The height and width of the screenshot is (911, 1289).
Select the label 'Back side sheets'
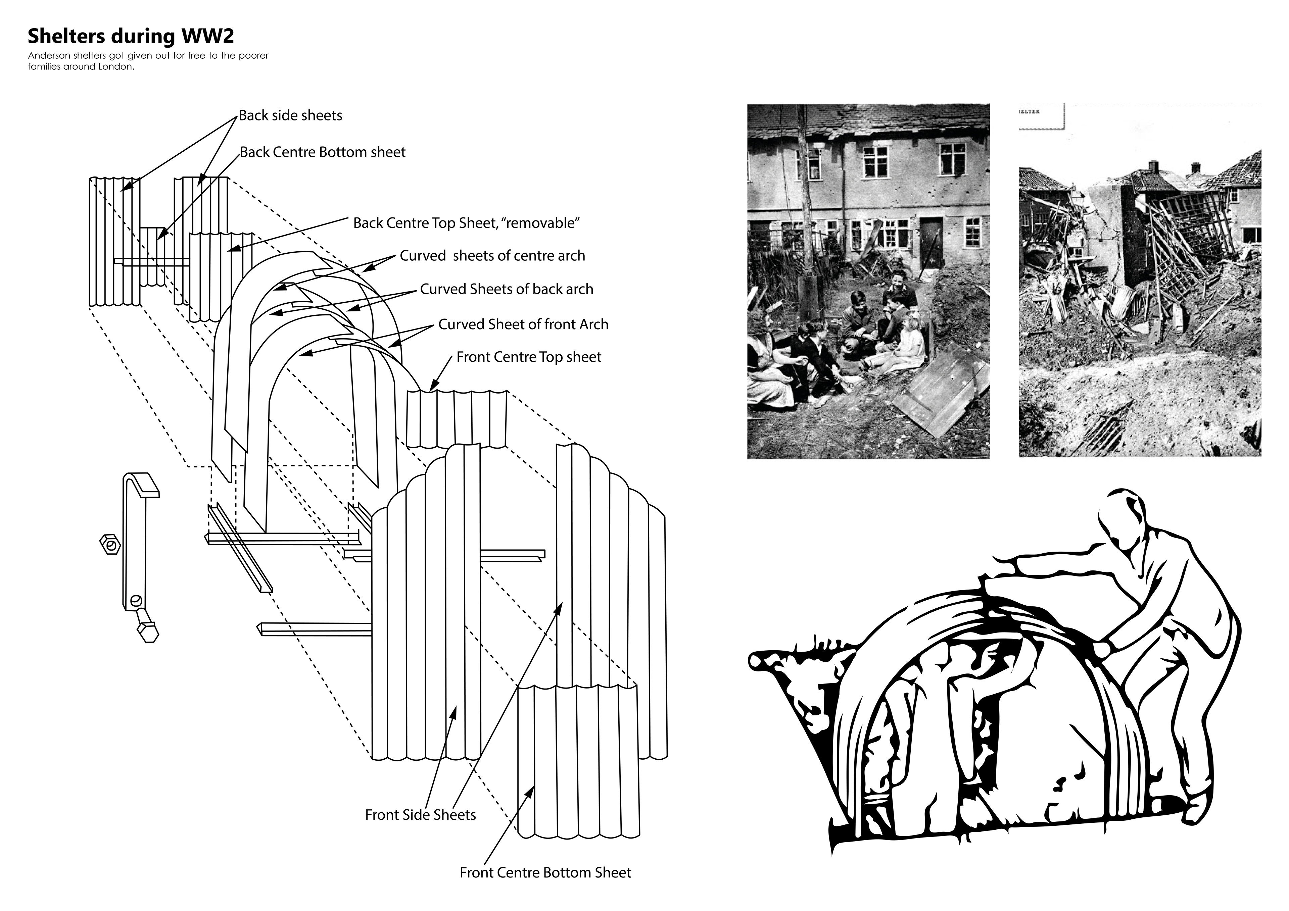coord(290,116)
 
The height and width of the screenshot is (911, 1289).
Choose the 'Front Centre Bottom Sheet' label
coord(545,873)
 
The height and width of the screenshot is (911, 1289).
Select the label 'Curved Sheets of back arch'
coord(507,290)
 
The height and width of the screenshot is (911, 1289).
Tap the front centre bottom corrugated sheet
coord(577,763)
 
